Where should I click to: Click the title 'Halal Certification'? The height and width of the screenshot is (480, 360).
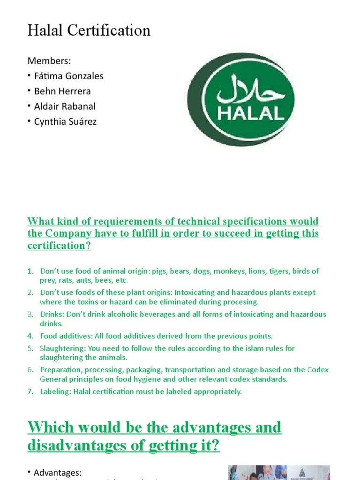coord(89,30)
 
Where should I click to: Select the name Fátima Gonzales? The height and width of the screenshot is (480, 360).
coord(68,76)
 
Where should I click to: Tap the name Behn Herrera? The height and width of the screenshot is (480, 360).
coord(62,91)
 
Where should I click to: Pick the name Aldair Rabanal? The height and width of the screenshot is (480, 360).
coord(65,106)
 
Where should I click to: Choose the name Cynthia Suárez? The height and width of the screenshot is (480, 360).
coord(65,122)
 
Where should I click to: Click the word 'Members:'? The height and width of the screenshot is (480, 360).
coord(49,60)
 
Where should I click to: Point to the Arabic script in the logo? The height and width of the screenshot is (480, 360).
coord(251,90)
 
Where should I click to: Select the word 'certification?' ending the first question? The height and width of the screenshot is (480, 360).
coord(59,246)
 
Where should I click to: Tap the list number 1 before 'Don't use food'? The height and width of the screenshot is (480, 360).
coord(30,271)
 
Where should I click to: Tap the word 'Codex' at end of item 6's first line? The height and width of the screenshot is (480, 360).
coord(318,370)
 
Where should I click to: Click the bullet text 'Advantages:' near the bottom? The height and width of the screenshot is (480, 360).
coord(58,473)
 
